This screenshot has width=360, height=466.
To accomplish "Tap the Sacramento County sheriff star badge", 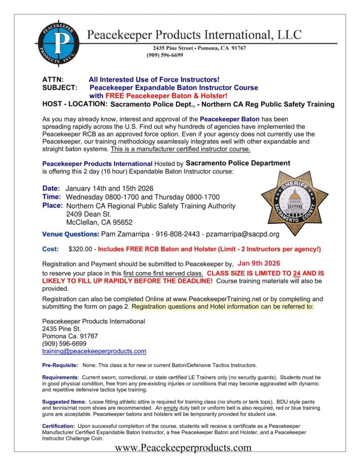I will click(294, 203).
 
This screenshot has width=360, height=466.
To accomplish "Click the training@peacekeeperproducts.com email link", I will click(94, 351).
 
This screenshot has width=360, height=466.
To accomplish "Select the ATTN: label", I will click(53, 80).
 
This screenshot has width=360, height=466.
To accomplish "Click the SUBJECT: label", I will click(60, 88).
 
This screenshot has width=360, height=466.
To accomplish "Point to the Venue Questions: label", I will click(70, 234).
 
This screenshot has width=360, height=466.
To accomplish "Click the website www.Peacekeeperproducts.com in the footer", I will click(183, 447).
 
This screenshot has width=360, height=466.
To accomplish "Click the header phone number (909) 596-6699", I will click(165, 55).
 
